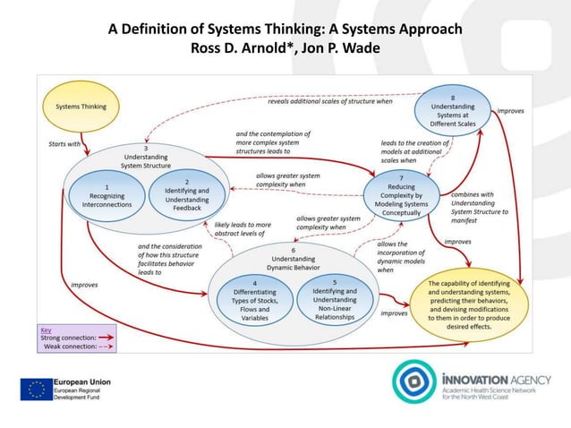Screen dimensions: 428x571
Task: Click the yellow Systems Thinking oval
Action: (81, 107)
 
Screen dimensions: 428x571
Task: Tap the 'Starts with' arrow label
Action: (64, 142)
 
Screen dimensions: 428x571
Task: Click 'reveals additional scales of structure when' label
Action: (329, 101)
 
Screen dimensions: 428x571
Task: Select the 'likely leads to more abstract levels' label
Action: (242, 230)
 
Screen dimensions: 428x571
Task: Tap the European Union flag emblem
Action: (37, 389)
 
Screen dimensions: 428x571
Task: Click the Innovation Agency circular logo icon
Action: (413, 381)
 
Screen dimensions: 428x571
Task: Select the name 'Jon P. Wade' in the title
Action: (337, 47)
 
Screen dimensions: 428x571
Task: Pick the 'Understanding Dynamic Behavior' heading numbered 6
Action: (292, 257)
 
